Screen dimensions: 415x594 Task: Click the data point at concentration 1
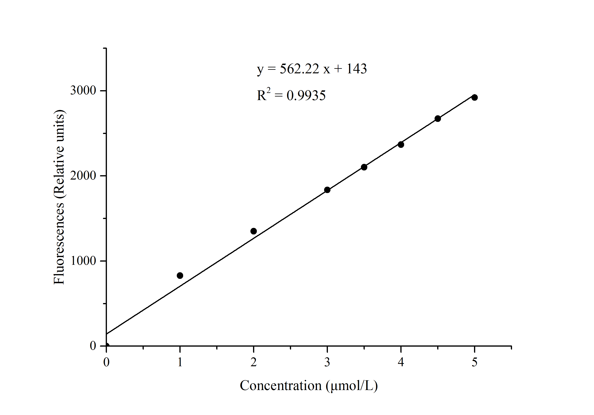(x=180, y=275)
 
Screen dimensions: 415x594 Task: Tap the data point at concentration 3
(x=327, y=190)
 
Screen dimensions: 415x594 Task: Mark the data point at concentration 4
(x=401, y=144)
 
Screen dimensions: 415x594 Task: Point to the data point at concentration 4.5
(x=438, y=119)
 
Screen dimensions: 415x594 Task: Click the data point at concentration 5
(x=474, y=97)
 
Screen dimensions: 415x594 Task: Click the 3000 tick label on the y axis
(x=83, y=90)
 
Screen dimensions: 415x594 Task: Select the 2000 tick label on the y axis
(x=83, y=176)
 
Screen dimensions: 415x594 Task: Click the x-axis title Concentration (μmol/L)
(x=309, y=386)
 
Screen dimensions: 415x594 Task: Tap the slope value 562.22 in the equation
(x=299, y=69)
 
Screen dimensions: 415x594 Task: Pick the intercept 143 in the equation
(x=357, y=69)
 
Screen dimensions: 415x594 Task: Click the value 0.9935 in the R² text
(x=306, y=96)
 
